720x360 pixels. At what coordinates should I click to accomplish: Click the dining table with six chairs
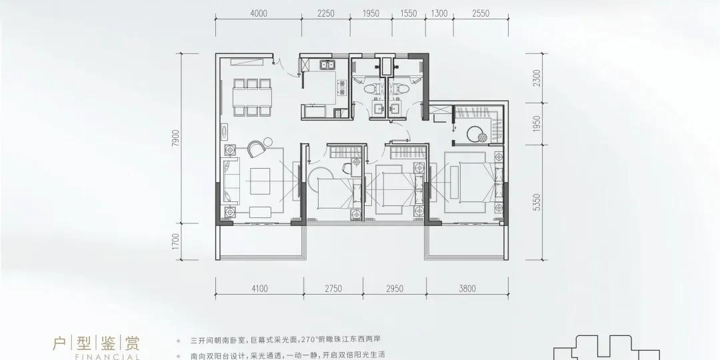[x=252, y=98]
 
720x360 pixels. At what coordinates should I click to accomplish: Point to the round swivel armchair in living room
[x=256, y=149]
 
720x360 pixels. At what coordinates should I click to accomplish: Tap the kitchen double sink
[x=327, y=65]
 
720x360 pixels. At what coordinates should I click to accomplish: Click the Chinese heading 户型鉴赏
[x=97, y=345]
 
